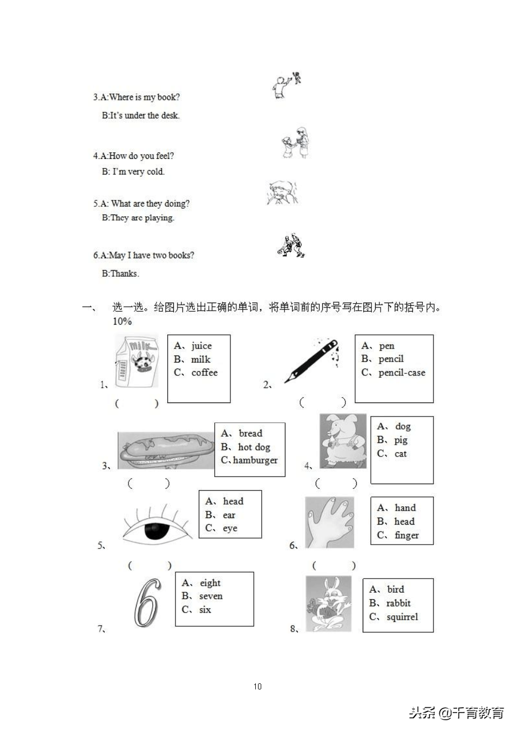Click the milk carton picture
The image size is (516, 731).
tap(137, 361)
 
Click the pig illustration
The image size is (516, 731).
tap(343, 440)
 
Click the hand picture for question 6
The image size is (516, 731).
tap(330, 522)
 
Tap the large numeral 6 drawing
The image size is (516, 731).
tap(147, 602)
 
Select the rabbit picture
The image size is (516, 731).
tap(328, 603)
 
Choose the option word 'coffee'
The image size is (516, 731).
tap(204, 373)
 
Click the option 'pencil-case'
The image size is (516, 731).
tap(402, 373)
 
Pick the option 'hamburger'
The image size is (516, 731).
tap(255, 460)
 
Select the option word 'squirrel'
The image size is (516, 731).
tap(402, 616)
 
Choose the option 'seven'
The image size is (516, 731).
tap(211, 596)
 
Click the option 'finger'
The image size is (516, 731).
tap(406, 535)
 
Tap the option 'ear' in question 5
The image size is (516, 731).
tap(229, 515)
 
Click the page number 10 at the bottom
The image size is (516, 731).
tap(257, 686)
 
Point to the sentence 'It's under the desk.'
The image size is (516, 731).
tap(145, 115)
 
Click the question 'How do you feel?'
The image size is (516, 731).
tap(141, 156)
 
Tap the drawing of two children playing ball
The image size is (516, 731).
tap(291, 245)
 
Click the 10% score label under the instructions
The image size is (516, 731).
tap(122, 321)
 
